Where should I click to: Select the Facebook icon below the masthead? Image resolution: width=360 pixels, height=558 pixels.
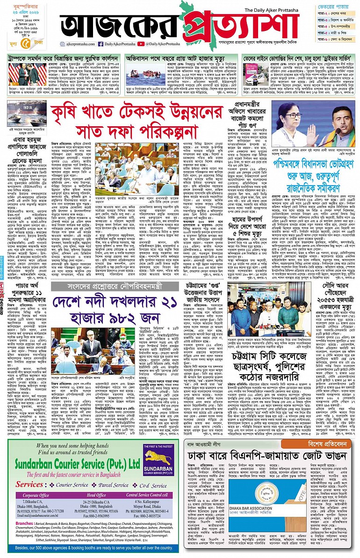click(x=101, y=44)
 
